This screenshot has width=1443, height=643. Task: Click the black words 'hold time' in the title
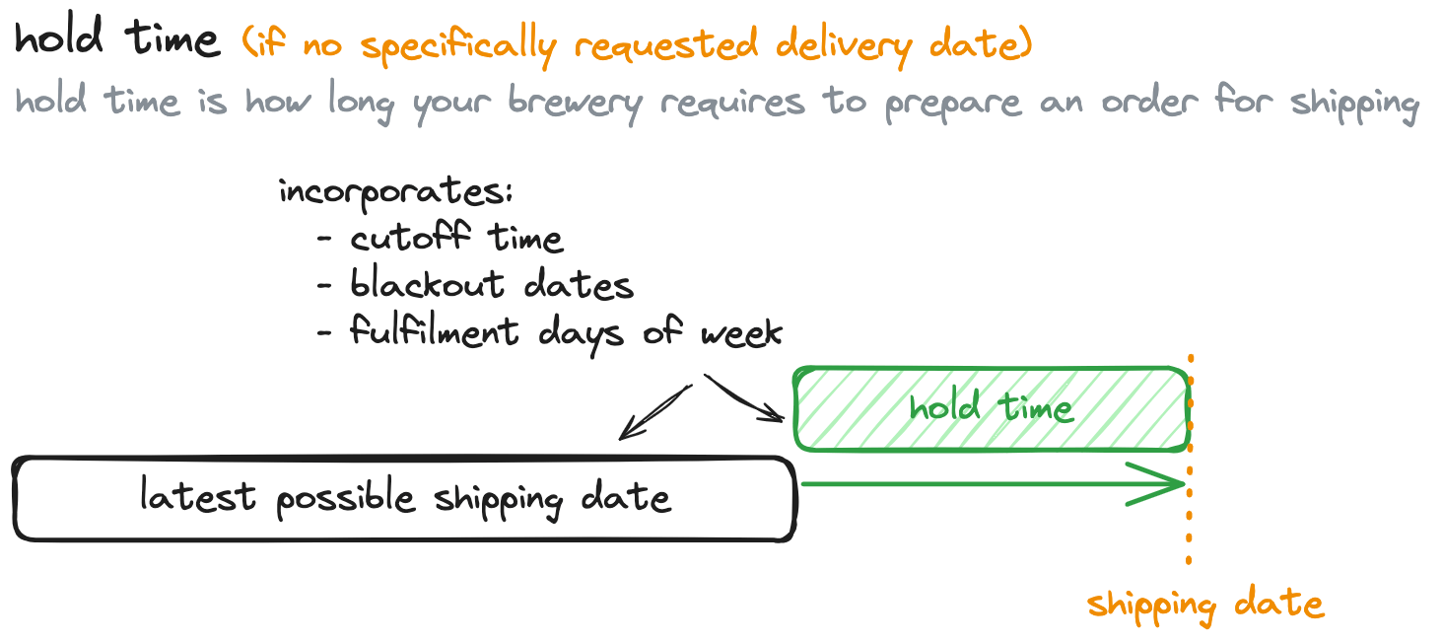point(116,41)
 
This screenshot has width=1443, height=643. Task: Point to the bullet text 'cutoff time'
point(456,239)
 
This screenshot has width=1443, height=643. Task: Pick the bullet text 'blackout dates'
point(491,285)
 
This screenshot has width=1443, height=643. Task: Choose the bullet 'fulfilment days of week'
point(566,331)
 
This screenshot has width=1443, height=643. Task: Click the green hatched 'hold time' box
point(991,408)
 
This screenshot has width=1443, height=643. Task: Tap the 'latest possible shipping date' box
point(404,498)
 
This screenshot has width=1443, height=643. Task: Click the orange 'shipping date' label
point(1204,604)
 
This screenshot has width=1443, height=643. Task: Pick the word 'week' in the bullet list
point(741,333)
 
